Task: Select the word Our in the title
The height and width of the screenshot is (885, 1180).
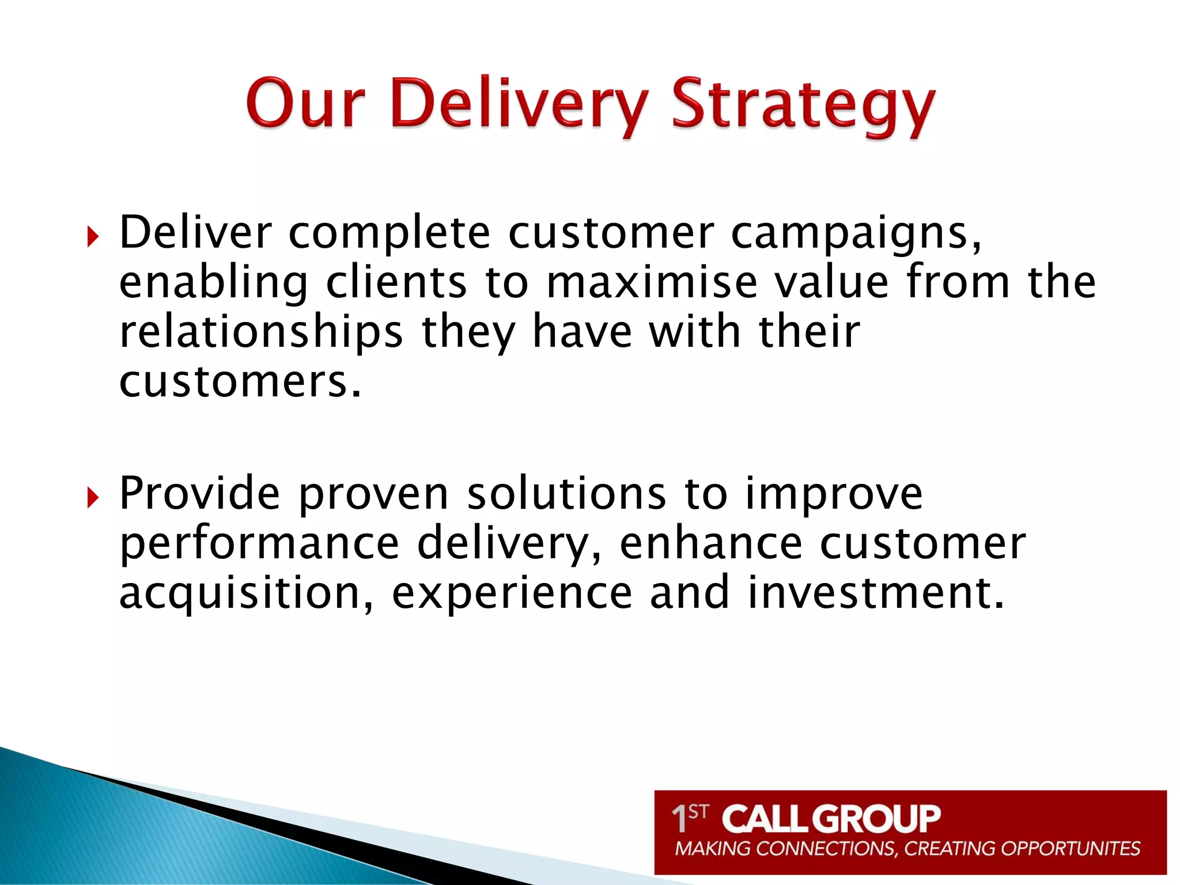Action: pos(305,104)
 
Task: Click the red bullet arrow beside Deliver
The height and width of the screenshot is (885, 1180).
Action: pos(93,236)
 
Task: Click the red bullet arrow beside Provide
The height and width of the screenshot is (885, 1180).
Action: pos(93,497)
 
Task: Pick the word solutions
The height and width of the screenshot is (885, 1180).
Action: pos(566,494)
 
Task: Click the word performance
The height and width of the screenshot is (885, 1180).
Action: pos(259,544)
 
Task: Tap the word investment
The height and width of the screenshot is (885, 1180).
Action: pos(876,593)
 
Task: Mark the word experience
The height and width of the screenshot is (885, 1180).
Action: pos(512,593)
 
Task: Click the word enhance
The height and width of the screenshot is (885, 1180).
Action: pos(711,544)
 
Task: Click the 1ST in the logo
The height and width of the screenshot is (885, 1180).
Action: pos(689,818)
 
